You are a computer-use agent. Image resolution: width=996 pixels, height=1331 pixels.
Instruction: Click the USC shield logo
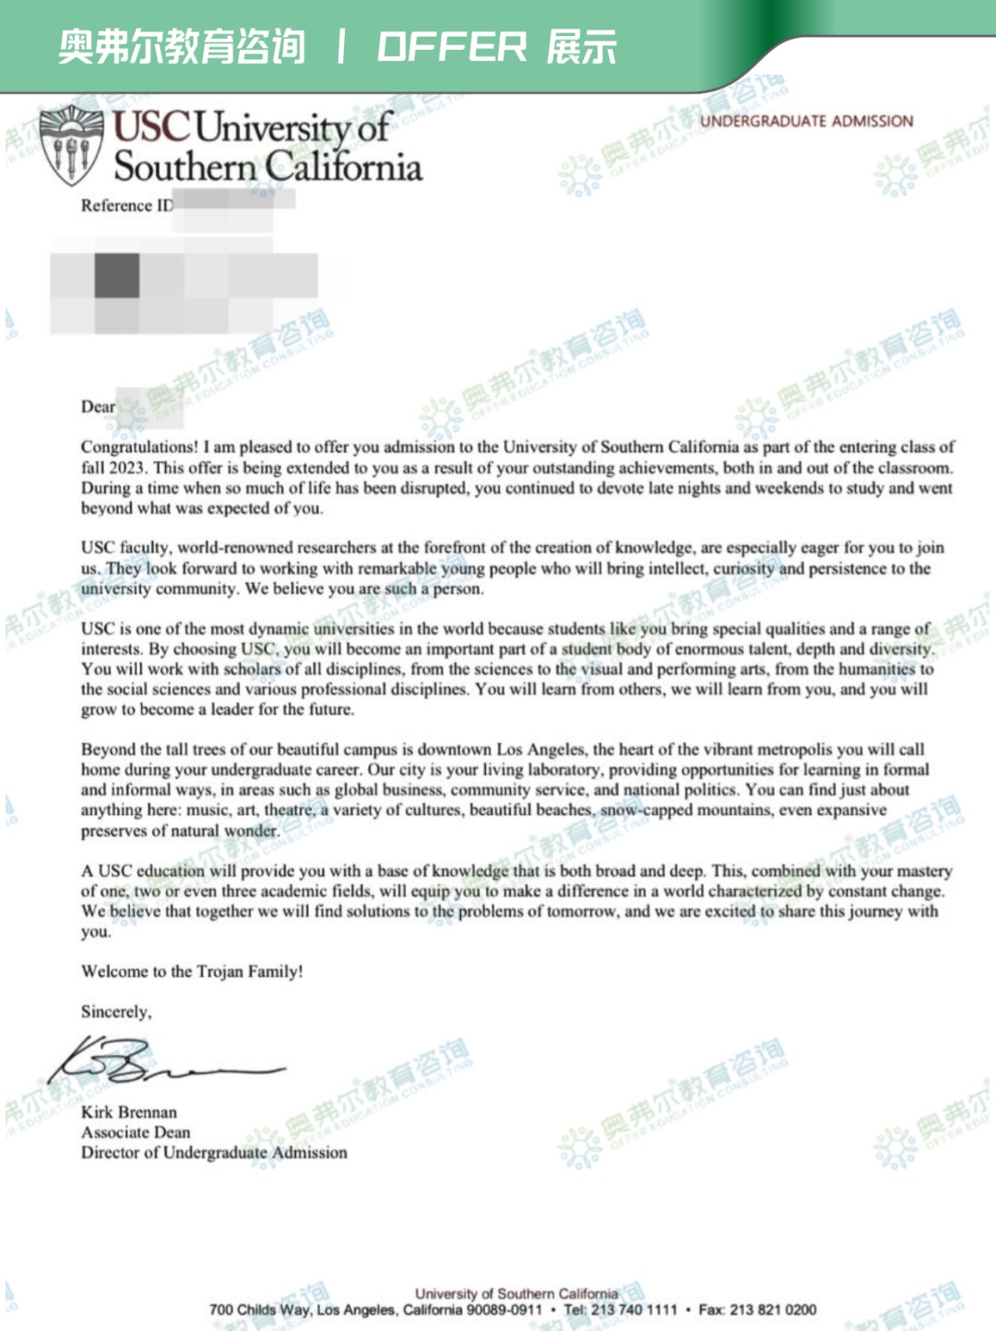point(71,146)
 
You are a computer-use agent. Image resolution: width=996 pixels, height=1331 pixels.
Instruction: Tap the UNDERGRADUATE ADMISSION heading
point(806,121)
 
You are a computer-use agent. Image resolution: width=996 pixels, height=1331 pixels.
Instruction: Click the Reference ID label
point(126,206)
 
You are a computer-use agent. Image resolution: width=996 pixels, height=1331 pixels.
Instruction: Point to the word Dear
point(98,407)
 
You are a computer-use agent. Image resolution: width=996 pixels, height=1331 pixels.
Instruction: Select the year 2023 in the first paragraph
point(127,468)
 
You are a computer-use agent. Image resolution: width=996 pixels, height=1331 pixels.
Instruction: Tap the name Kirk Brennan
point(129,1112)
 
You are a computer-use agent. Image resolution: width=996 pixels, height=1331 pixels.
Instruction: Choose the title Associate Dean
point(136,1133)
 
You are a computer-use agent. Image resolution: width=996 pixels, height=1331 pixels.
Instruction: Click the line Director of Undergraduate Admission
point(214,1153)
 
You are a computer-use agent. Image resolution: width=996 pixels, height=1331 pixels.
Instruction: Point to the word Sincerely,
point(116,1012)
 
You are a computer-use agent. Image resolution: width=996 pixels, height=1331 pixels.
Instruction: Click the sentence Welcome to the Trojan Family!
point(192,971)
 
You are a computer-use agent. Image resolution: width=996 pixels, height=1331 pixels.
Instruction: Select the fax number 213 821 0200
point(773,1310)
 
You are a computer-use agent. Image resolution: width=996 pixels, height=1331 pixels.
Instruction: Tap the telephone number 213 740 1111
point(634,1310)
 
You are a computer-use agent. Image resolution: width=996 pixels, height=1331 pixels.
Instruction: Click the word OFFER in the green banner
point(452,47)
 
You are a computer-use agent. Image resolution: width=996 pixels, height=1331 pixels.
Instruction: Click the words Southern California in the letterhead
point(267,167)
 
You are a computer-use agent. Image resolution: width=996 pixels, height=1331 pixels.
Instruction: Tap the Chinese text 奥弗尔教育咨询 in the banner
point(182,47)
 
